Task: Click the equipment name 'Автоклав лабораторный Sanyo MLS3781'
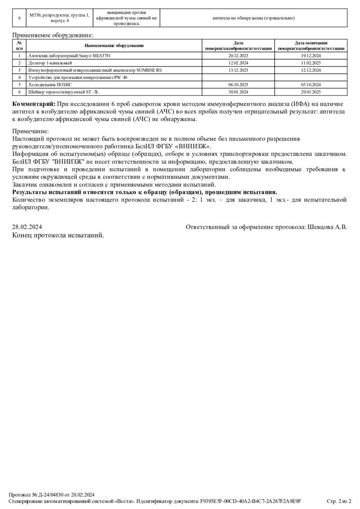69,56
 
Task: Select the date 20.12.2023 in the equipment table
238,56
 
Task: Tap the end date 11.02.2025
311,63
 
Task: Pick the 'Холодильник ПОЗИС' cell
50,85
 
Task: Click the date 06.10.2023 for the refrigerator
238,85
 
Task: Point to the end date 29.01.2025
311,92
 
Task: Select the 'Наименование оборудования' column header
114,45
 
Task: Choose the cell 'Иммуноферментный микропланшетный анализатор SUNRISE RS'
95,70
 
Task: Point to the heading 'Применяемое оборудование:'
53,35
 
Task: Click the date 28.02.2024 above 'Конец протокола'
27,227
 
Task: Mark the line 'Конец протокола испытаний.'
58,235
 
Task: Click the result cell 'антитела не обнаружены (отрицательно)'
253,18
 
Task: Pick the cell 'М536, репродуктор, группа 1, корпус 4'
59,18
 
